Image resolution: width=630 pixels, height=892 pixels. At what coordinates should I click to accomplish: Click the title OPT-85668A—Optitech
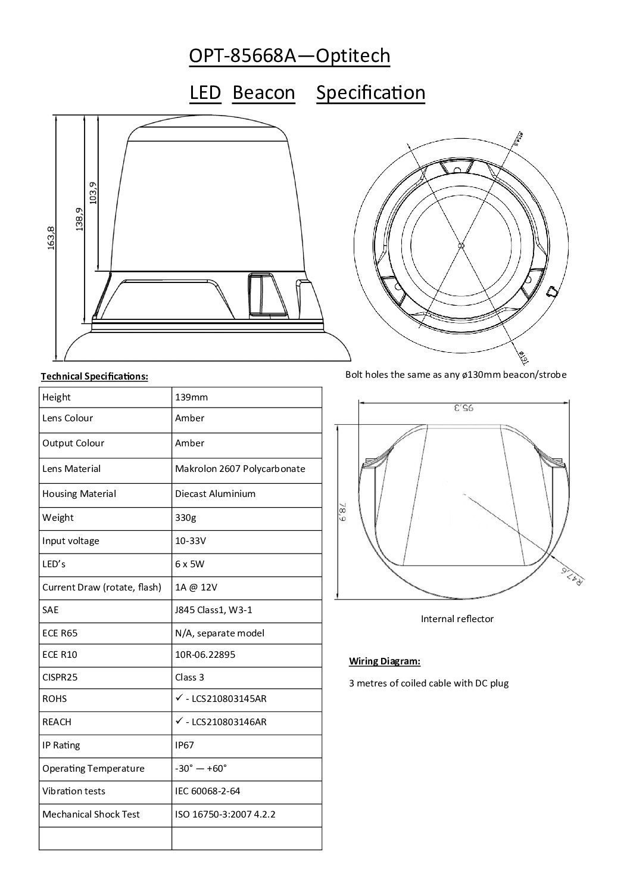(289, 56)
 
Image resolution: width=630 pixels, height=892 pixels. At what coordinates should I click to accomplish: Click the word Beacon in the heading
(263, 93)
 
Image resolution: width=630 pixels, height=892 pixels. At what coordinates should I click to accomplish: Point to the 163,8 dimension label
(51, 238)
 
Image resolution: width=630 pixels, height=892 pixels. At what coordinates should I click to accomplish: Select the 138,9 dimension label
(80, 219)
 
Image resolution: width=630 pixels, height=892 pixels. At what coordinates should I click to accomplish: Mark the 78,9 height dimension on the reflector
(343, 511)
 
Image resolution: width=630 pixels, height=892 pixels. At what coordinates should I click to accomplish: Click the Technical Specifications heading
(94, 377)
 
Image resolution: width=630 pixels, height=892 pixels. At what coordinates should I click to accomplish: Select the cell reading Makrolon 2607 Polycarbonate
(240, 469)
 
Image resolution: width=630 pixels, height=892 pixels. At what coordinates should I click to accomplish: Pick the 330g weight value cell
(185, 517)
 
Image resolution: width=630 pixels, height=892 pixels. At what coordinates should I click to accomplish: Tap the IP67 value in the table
(185, 745)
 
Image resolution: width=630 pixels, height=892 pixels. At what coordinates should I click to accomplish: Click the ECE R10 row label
(60, 654)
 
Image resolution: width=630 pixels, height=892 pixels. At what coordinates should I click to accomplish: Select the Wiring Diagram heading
(385, 661)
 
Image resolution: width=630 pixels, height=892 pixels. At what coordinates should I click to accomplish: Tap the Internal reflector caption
(457, 619)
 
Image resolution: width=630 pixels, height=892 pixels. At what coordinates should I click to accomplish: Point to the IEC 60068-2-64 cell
(208, 791)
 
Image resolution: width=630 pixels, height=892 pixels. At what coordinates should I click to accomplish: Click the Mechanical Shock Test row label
(91, 814)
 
